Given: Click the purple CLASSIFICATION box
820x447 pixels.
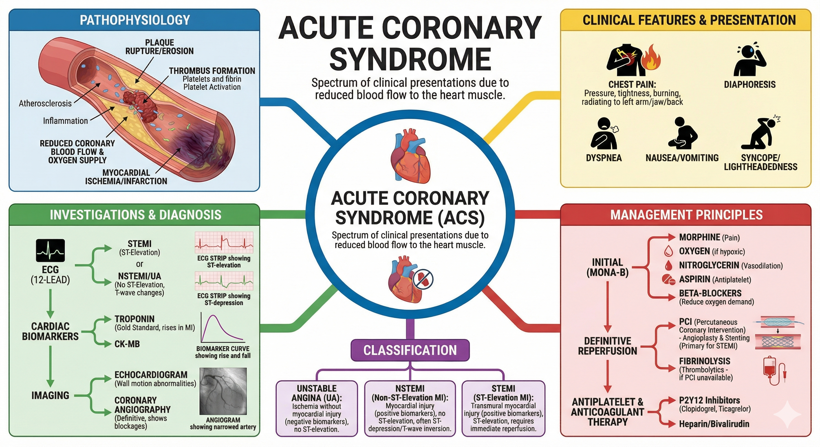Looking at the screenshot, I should point(410,350).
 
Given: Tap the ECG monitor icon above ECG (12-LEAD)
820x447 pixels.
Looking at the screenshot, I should point(50,251).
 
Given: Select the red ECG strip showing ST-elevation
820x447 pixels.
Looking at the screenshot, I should point(224,242).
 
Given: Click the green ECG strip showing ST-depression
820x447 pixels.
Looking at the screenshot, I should point(224,281).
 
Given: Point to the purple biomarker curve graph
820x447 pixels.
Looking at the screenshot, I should point(223,328).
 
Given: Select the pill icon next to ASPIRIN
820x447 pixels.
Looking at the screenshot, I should point(668,280).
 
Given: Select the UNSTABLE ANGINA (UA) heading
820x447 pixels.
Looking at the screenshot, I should point(317,393).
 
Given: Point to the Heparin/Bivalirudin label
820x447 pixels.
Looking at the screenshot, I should point(714,424).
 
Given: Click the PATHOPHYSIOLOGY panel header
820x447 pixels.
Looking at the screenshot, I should point(134,20).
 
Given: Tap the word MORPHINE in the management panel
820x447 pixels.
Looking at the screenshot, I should point(699,237).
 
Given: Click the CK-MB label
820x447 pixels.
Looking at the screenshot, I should point(127,344).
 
